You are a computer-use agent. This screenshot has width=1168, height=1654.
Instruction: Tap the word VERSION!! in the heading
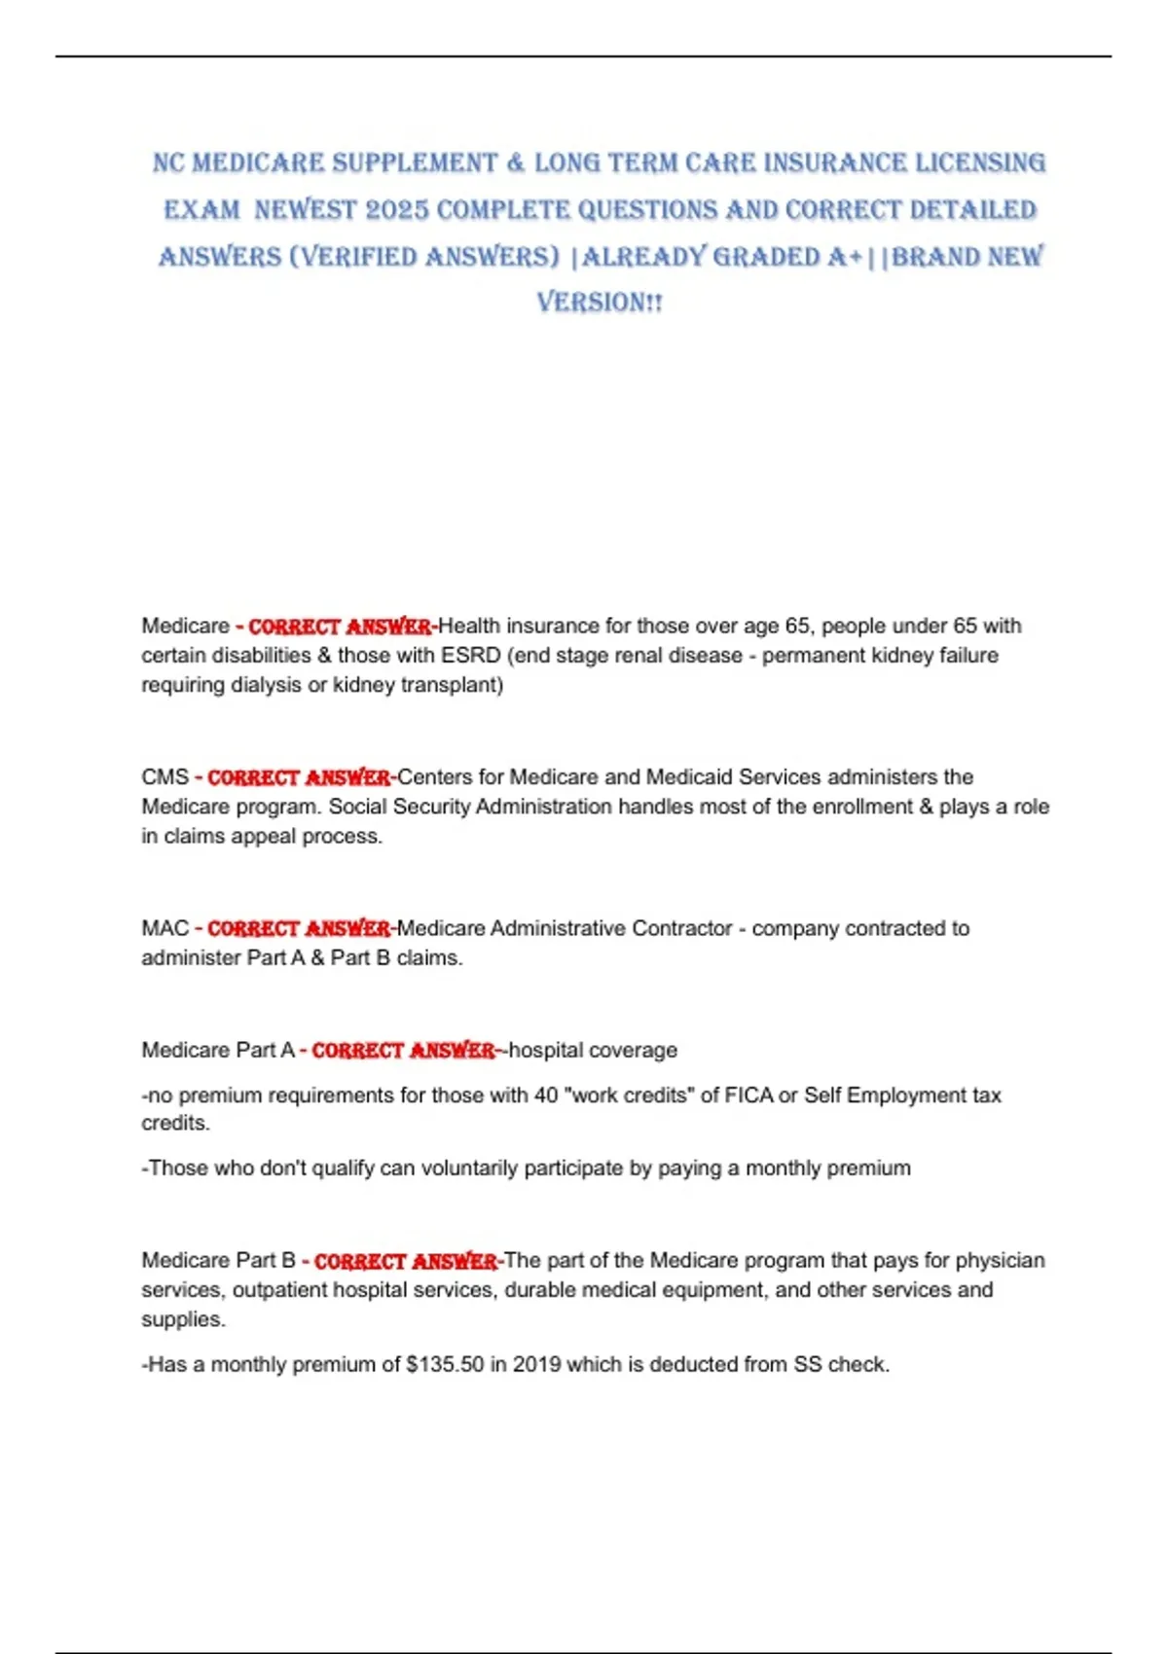[x=600, y=303]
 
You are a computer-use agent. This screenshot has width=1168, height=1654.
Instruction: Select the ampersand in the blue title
[x=516, y=163]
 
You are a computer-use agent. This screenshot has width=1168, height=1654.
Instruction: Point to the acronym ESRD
[x=470, y=656]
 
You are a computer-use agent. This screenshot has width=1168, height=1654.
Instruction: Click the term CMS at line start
[x=164, y=777]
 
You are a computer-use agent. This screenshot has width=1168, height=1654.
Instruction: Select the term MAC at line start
[x=164, y=928]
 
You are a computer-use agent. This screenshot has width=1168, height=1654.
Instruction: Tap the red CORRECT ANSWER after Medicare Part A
[x=403, y=1051]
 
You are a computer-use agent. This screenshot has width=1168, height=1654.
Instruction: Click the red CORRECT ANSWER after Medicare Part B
[x=406, y=1261]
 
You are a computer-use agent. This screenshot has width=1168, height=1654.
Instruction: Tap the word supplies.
[x=182, y=1319]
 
